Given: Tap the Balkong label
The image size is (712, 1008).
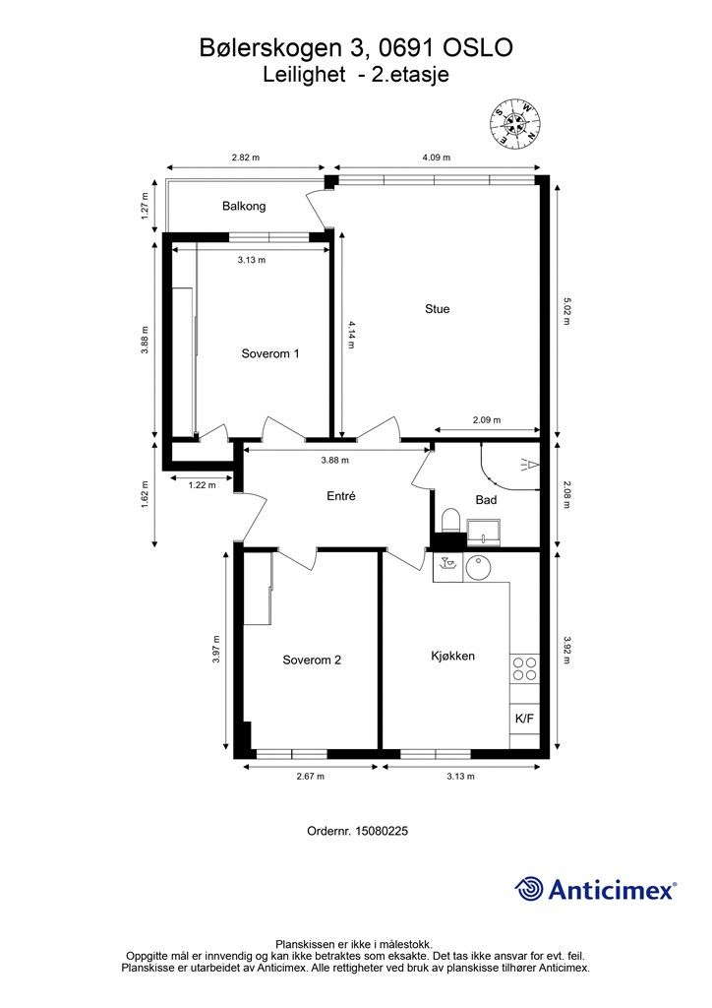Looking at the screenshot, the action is pyautogui.click(x=244, y=207).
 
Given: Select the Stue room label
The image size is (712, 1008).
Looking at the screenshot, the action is pyautogui.click(x=438, y=309).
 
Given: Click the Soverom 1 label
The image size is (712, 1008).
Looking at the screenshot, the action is pyautogui.click(x=270, y=353).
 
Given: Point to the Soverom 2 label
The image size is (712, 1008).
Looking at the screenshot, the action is pyautogui.click(x=312, y=661).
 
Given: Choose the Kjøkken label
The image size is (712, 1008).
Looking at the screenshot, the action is pyautogui.click(x=452, y=657).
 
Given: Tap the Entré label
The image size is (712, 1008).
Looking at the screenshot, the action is pyautogui.click(x=341, y=496).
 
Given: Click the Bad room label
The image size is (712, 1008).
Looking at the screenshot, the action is pyautogui.click(x=486, y=499).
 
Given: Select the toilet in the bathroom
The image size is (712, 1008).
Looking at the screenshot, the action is pyautogui.click(x=451, y=522).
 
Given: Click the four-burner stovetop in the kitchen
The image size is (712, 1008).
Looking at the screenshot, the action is pyautogui.click(x=524, y=668).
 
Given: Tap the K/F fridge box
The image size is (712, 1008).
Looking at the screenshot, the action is pyautogui.click(x=524, y=719).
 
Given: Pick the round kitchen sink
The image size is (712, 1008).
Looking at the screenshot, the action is pyautogui.click(x=479, y=568).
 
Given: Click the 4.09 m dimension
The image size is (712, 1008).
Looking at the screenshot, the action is pyautogui.click(x=436, y=157).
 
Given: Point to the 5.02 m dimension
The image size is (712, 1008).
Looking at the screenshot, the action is pyautogui.click(x=565, y=310).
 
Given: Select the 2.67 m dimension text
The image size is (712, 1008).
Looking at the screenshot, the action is pyautogui.click(x=310, y=777).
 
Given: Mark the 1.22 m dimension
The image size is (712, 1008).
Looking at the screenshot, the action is pyautogui.click(x=202, y=485).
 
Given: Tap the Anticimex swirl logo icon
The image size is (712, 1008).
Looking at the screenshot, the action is pyautogui.click(x=529, y=889).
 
